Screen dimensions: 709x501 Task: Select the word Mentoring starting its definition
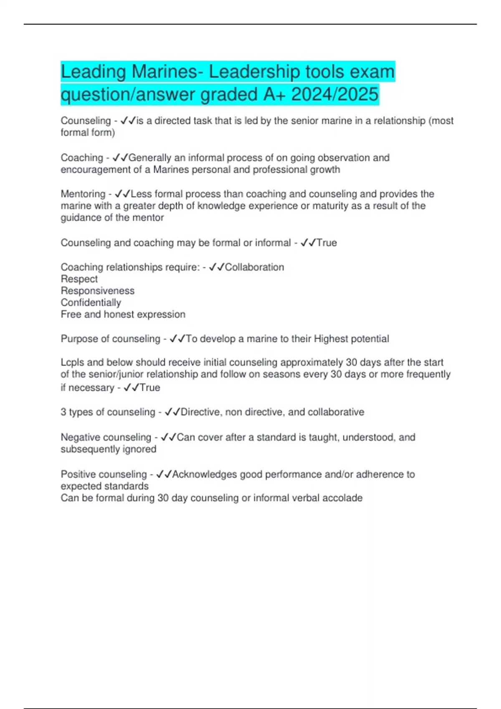click(83, 194)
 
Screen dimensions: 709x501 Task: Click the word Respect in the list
click(79, 279)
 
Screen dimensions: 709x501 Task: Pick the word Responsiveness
click(98, 291)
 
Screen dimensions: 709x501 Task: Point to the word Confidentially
click(91, 302)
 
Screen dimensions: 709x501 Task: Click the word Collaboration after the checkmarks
click(254, 267)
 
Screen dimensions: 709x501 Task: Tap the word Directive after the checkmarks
click(200, 412)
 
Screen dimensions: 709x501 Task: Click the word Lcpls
click(72, 362)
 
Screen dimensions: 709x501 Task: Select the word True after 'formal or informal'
click(326, 243)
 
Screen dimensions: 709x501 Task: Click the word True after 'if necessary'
click(150, 387)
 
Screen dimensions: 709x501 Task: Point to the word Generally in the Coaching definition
click(150, 158)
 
